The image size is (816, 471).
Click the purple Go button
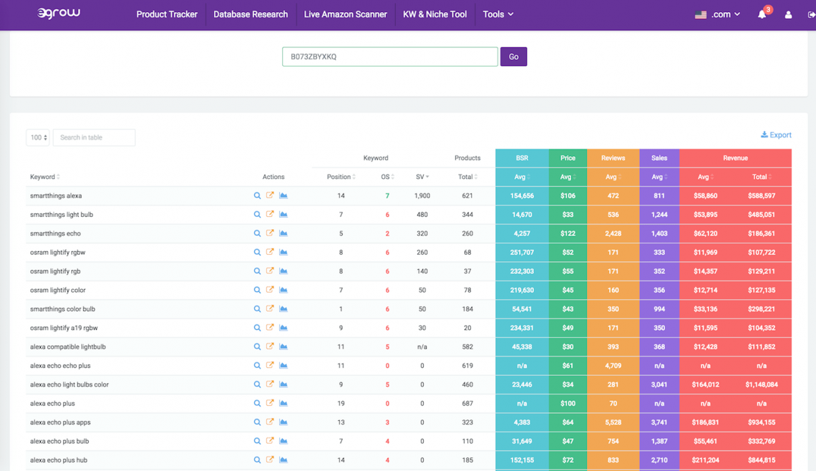click(513, 57)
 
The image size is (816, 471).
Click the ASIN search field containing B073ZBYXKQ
click(389, 57)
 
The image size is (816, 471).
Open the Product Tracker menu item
click(167, 14)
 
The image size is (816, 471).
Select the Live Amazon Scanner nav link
click(345, 14)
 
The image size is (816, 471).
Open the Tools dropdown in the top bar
click(497, 14)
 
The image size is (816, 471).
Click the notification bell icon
click(762, 14)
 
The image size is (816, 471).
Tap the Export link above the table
click(776, 135)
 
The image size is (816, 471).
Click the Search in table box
click(94, 137)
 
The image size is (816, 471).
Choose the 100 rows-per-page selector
click(37, 137)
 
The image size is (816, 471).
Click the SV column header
click(422, 177)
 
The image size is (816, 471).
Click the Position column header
click(340, 177)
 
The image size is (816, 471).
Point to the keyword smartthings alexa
click(56, 195)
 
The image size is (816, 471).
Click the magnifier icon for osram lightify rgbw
click(257, 253)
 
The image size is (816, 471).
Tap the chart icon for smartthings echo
click(283, 233)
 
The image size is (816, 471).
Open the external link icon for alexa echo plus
click(270, 403)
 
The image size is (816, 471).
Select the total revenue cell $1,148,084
click(761, 384)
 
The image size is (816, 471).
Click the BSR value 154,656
click(522, 195)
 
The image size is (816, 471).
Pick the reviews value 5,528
click(613, 422)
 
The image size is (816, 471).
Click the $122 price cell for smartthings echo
click(568, 233)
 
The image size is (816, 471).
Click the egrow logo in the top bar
click(59, 14)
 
